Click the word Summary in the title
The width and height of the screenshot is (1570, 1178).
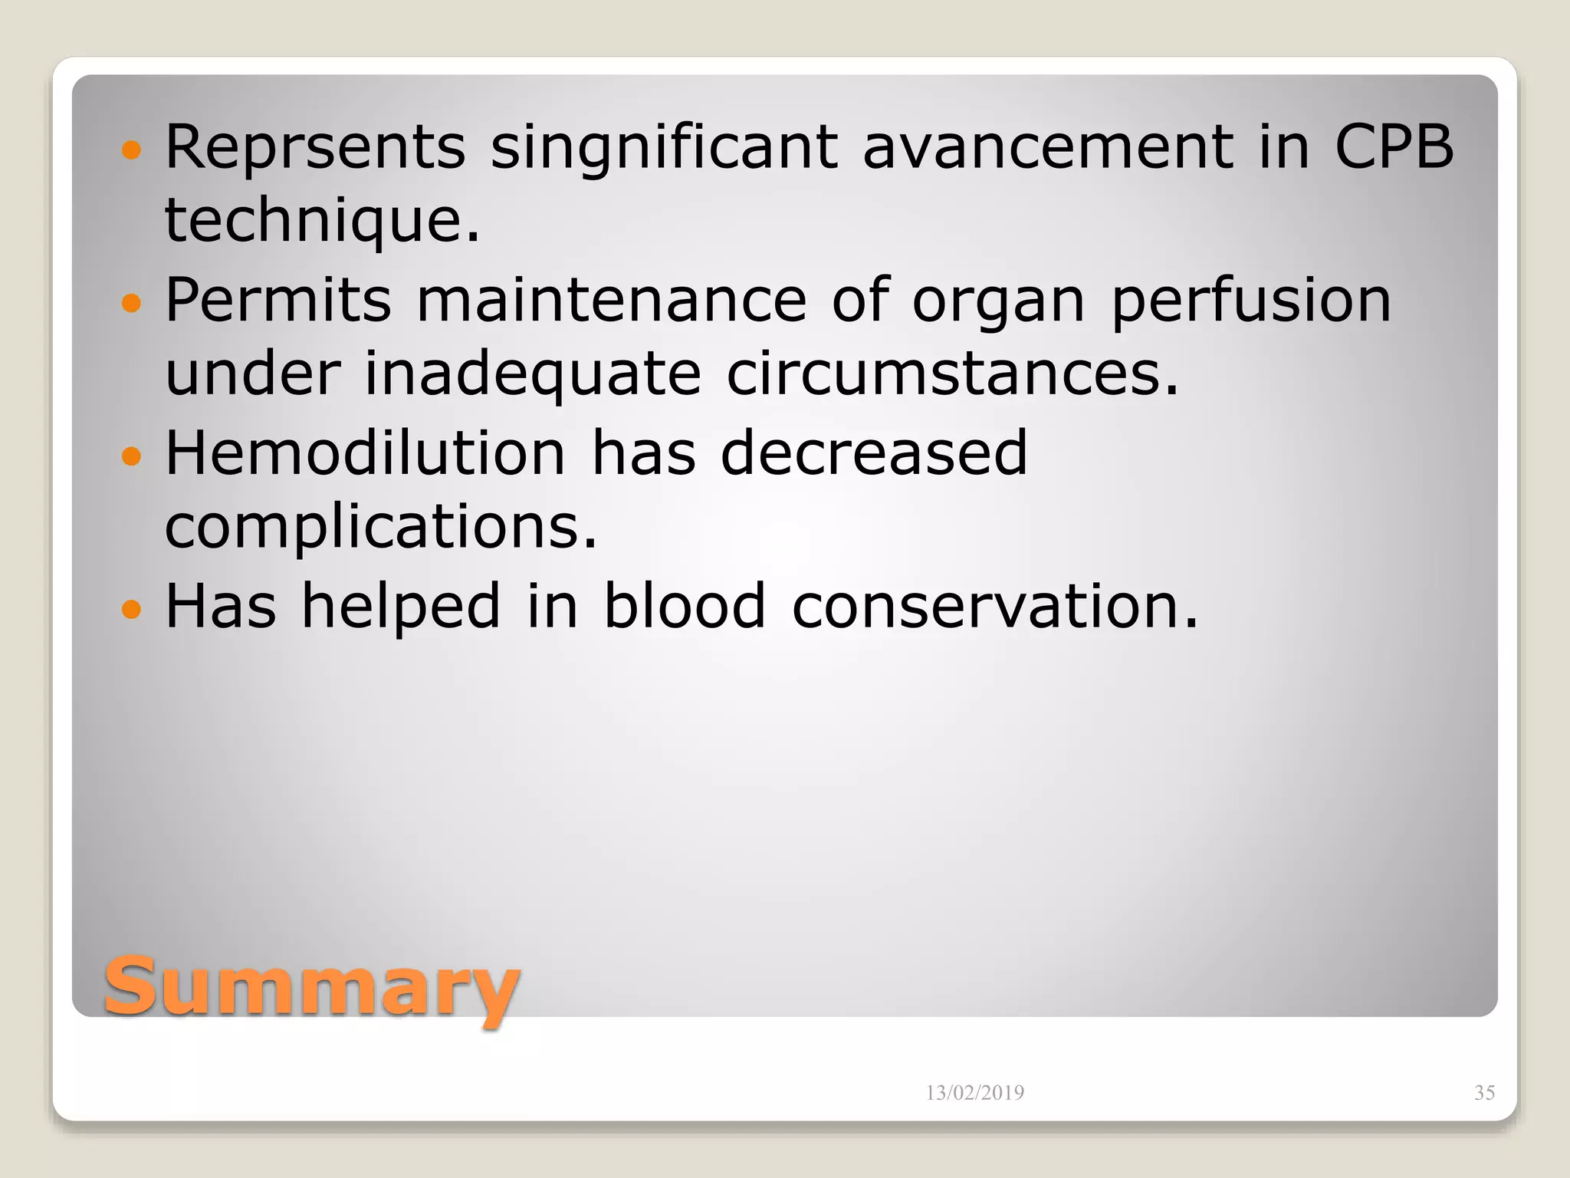(x=311, y=987)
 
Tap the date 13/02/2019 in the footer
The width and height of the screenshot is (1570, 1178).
(x=974, y=1093)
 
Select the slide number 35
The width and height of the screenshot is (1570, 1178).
(x=1484, y=1093)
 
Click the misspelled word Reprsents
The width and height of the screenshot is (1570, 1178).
(x=315, y=147)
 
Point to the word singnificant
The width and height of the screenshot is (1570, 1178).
(x=664, y=147)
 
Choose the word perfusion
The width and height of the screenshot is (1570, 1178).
(x=1250, y=301)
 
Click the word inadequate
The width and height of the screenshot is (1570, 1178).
(x=533, y=374)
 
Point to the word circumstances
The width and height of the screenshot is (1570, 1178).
(x=951, y=374)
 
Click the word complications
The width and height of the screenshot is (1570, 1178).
(x=380, y=528)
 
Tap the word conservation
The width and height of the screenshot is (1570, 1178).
(x=994, y=606)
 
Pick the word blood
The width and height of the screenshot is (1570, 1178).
(x=685, y=606)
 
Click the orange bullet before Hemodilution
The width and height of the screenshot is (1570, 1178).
(x=132, y=456)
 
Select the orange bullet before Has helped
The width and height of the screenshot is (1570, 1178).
(x=132, y=610)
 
